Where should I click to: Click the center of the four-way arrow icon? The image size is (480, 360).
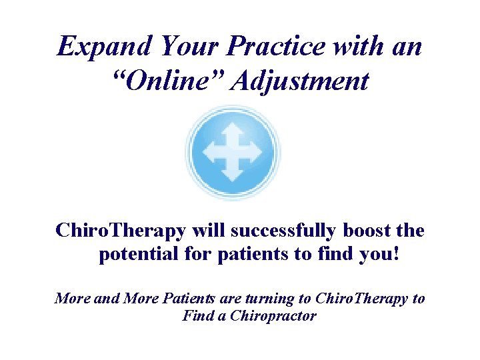(x=233, y=153)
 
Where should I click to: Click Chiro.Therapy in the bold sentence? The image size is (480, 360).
(x=121, y=231)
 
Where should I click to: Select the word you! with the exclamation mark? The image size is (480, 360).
(x=379, y=255)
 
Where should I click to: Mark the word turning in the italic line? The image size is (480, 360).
(x=275, y=299)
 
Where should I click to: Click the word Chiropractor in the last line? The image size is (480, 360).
(x=273, y=316)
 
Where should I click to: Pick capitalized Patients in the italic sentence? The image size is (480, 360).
(x=199, y=299)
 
